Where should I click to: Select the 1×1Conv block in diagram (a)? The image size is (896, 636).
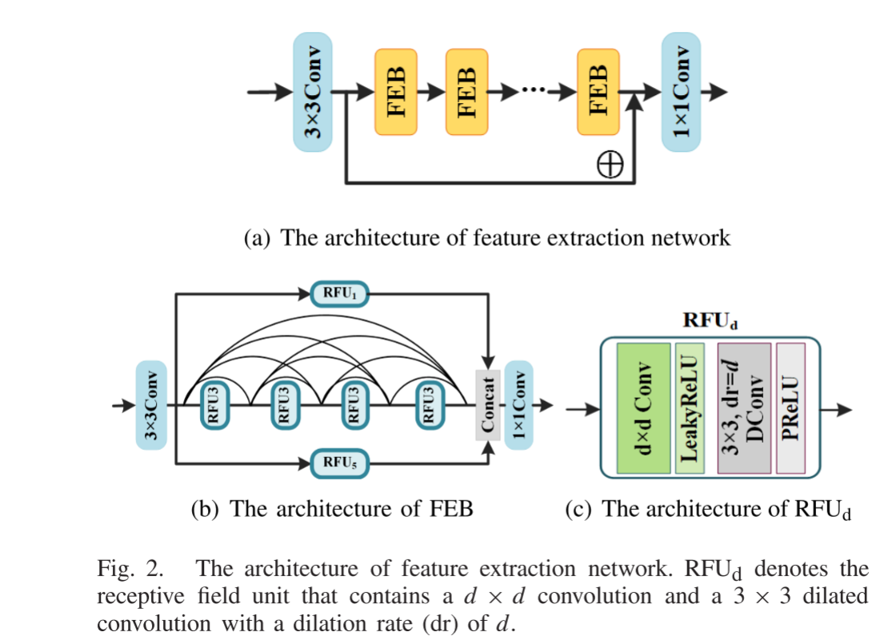click(681, 92)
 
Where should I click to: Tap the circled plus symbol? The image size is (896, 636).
click(610, 164)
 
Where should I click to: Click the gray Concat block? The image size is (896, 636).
click(487, 404)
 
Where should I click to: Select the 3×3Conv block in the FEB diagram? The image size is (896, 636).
click(151, 404)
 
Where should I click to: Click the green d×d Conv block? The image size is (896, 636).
click(643, 408)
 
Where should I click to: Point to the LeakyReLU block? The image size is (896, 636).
click(690, 408)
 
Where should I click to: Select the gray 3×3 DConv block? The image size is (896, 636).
click(744, 408)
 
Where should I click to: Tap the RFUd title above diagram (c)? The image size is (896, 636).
click(709, 321)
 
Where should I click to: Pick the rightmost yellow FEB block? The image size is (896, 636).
click(598, 92)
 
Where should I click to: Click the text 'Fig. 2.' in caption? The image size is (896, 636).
click(130, 570)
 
